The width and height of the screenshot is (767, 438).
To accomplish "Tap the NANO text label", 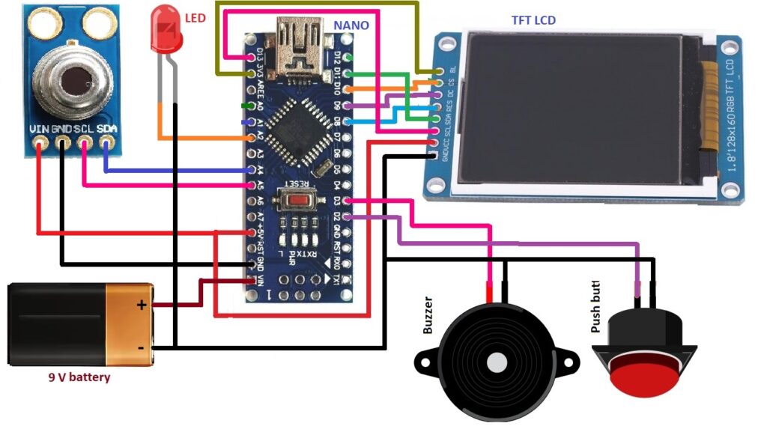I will point(351,25).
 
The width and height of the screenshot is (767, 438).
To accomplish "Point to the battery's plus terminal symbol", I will point(141,305).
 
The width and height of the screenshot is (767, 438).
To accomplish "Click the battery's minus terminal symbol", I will point(141,348).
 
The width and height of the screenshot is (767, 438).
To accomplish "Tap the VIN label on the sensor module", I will point(39,130).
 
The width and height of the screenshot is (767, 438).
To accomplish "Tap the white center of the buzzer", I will point(497,362).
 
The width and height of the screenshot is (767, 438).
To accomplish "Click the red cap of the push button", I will point(644,374).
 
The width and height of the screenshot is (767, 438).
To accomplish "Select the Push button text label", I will point(596,306).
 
